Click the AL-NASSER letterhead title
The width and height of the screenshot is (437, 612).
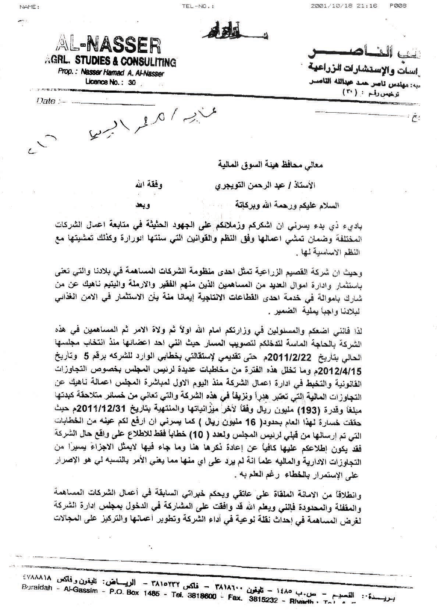pyautogui.click(x=107, y=46)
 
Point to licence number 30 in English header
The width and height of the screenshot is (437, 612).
pyautogui.click(x=132, y=83)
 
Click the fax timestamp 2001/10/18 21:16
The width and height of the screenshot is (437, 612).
pyautogui.click(x=344, y=6)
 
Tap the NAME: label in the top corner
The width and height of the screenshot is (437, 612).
pyautogui.click(x=29, y=7)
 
